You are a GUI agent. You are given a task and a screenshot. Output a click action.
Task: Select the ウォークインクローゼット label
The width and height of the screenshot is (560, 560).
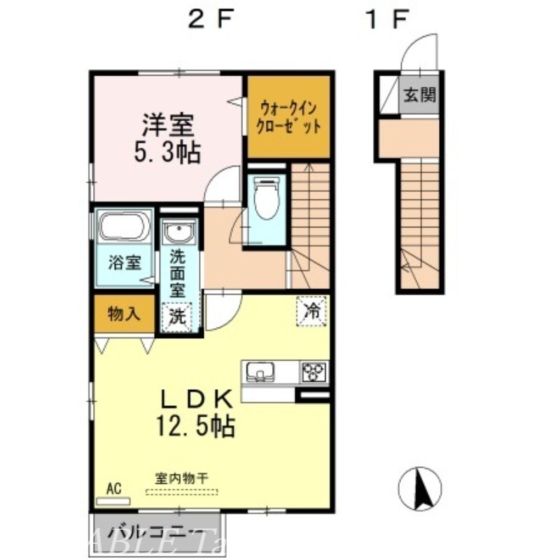click(x=288, y=117)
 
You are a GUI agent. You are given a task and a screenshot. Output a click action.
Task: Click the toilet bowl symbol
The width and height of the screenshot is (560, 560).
click(x=265, y=199)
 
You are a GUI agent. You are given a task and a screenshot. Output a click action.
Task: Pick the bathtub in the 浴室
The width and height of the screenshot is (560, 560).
click(x=123, y=227)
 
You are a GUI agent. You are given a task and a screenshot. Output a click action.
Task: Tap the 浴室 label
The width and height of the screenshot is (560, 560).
click(x=125, y=263)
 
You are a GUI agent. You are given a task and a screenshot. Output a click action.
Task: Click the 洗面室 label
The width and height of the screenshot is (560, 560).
click(x=178, y=273)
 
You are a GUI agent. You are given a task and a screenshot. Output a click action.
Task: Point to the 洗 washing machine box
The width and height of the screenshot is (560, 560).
click(x=178, y=315)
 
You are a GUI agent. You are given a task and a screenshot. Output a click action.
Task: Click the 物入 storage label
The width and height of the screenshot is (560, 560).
click(x=123, y=314)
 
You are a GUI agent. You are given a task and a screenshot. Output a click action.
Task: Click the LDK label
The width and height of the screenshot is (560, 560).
click(x=197, y=399)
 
